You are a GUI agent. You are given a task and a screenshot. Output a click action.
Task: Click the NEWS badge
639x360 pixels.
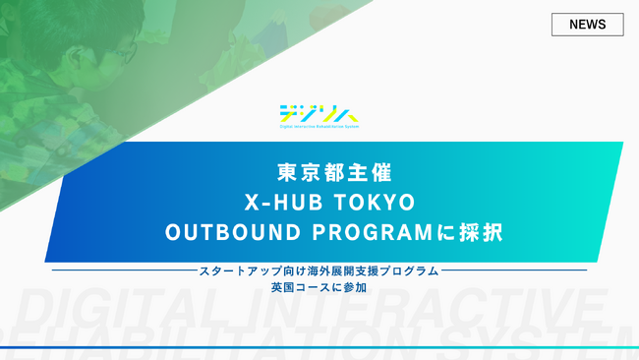tap(587, 25)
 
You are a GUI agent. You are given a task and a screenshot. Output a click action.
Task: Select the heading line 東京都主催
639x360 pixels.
tap(319, 172)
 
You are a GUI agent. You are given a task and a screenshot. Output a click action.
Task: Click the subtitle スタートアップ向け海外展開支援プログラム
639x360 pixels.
tap(319, 270)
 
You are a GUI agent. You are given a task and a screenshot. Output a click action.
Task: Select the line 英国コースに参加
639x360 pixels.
tap(319, 287)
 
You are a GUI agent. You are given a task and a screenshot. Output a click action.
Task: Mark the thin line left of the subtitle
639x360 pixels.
tap(123, 270)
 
